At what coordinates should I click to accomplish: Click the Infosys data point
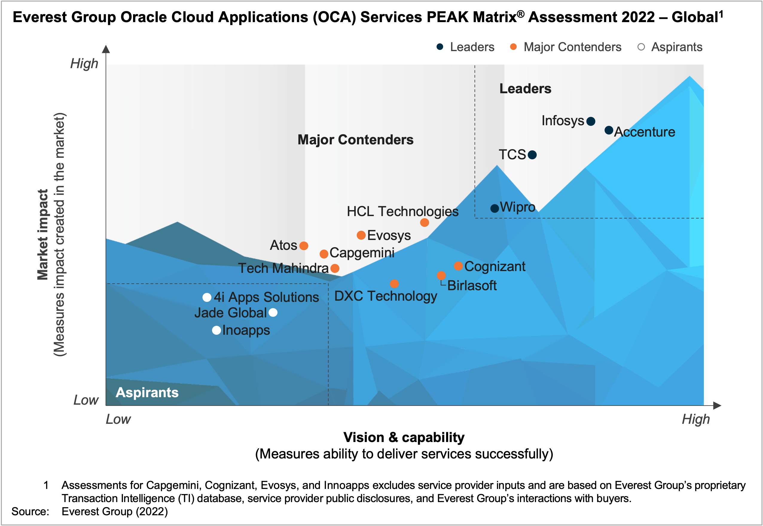point(590,121)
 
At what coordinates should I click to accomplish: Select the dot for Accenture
point(609,130)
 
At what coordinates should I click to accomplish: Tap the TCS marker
point(532,155)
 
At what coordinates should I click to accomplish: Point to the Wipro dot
point(494,208)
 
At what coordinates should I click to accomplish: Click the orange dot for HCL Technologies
point(424,223)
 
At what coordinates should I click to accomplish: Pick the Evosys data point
point(361,235)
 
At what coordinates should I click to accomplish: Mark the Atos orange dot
point(304,246)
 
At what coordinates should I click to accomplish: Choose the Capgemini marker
point(324,254)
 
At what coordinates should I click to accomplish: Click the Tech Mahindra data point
point(335,268)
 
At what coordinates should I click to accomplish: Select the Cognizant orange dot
point(458,266)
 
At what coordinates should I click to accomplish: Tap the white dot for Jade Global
point(273,312)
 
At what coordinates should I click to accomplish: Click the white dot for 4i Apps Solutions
point(207,298)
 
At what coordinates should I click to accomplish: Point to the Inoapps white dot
point(216,330)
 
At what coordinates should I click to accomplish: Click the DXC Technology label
point(385,296)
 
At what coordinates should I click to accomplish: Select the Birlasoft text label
point(472,285)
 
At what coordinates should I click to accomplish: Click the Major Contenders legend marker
point(513,47)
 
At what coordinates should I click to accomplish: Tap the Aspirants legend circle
point(641,47)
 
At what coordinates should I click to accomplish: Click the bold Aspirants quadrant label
point(147,392)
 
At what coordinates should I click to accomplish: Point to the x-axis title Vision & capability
point(404,437)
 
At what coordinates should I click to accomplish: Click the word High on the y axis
point(84,63)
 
